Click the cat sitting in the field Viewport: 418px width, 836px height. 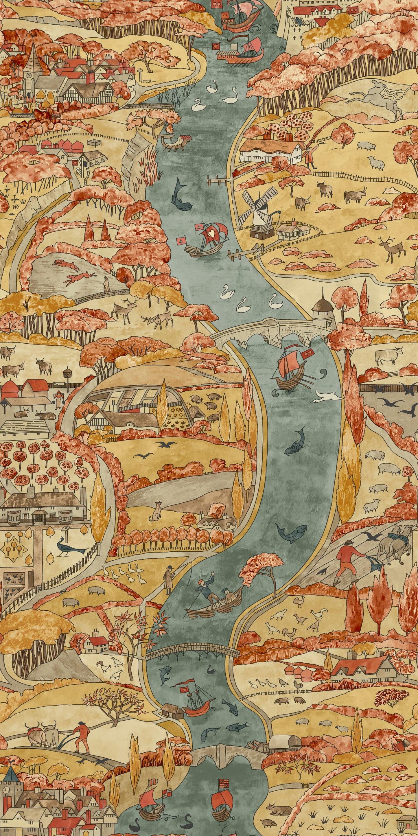point(157,510)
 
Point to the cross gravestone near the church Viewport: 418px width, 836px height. point(140,72)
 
